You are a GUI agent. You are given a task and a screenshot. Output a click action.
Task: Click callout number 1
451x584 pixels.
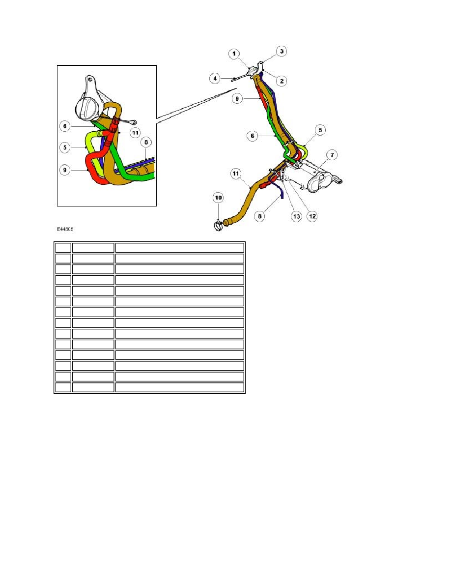tap(234, 54)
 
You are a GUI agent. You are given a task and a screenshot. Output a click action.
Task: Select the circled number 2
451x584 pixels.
tap(282, 81)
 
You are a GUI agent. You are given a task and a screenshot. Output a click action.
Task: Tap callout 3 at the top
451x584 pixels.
tap(282, 52)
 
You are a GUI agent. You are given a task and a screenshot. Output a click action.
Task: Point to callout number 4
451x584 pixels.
tap(215, 79)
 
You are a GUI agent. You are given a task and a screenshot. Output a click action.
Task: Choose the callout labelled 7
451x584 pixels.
tap(332, 154)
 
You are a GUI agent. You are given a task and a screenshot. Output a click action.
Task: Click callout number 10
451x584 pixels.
tap(219, 198)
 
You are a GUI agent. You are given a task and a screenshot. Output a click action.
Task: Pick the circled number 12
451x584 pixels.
tap(312, 216)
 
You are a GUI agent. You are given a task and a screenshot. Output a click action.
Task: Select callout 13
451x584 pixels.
tap(297, 216)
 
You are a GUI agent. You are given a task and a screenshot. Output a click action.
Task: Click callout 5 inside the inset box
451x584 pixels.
tap(65, 147)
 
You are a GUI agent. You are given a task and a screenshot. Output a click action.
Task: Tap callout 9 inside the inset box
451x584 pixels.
tap(65, 170)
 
